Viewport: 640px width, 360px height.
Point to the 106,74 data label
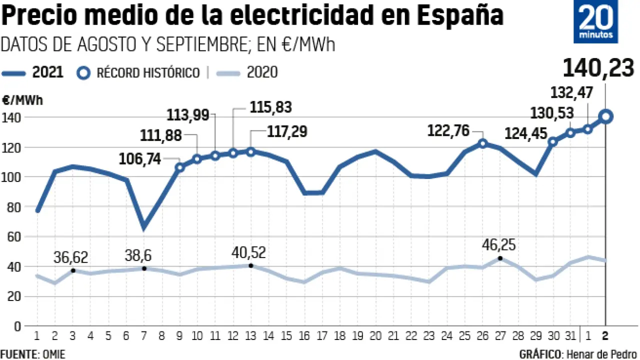(140, 159)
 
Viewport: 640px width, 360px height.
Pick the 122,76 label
(448, 131)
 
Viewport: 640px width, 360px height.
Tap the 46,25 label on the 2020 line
(498, 245)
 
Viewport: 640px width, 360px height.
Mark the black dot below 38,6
(144, 269)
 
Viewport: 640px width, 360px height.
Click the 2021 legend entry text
(47, 72)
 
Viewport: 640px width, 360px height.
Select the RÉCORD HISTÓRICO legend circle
(84, 73)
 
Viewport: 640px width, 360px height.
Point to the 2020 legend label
(262, 72)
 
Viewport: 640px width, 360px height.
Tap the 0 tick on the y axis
(18, 326)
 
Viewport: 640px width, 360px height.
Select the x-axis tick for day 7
(144, 334)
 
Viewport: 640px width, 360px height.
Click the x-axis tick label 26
(482, 334)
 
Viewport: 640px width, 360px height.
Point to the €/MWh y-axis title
(22, 100)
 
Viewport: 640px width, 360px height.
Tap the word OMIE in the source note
(52, 354)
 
